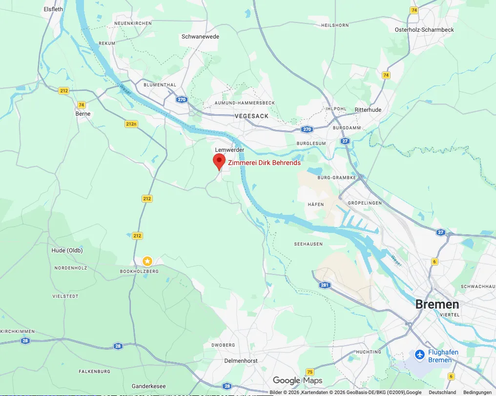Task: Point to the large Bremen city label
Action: coord(437,304)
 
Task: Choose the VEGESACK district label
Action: coord(251,116)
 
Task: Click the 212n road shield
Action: coord(131,124)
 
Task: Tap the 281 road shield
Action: coord(325,285)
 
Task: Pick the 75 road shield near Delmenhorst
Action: coord(310,372)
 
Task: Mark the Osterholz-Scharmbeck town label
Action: coord(424,30)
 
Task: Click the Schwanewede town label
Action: coord(200,37)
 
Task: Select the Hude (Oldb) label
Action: coord(67,250)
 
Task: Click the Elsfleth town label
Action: coord(53,9)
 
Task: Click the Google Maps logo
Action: coord(297,380)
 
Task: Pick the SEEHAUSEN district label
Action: coord(308,244)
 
